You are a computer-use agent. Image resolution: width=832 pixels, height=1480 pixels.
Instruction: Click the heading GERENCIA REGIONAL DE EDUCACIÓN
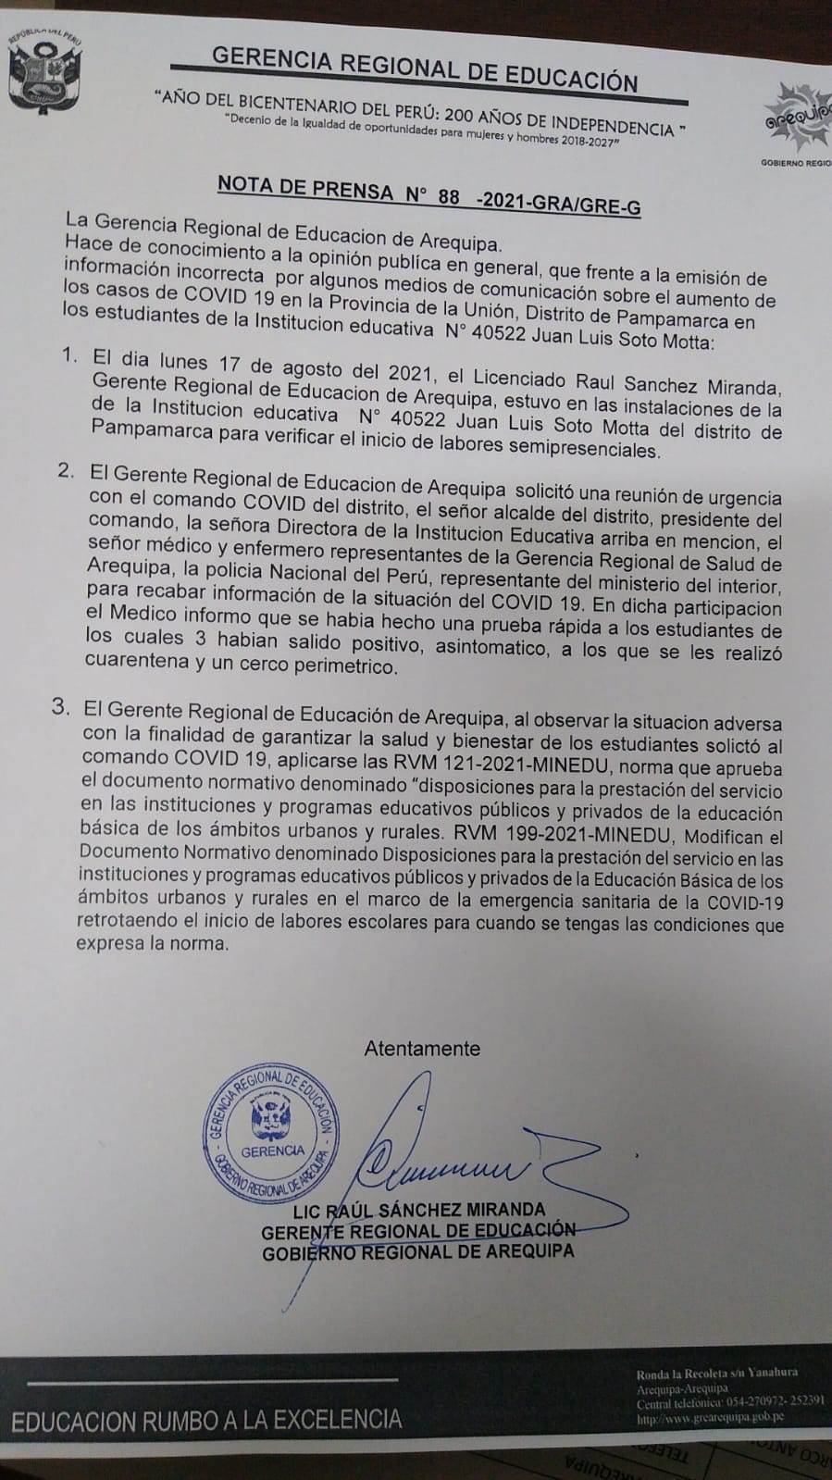[x=425, y=68]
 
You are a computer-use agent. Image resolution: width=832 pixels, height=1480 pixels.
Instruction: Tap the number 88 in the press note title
[x=449, y=197]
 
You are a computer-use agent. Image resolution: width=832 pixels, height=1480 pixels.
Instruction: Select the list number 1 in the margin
[x=69, y=356]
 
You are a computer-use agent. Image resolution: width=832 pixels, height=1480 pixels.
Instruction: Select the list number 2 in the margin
[x=66, y=471]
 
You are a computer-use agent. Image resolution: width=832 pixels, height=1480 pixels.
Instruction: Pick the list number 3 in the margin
[x=61, y=707]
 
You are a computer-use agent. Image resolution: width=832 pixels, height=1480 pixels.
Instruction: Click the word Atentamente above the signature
[x=422, y=1049]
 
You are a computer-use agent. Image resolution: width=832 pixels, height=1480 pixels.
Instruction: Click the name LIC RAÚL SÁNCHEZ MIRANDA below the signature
[x=418, y=1210]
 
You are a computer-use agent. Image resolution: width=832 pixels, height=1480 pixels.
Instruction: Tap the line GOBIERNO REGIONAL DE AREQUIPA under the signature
[x=417, y=1252]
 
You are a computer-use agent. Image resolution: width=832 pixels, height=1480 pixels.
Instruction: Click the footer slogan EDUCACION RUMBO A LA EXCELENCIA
[x=207, y=1420]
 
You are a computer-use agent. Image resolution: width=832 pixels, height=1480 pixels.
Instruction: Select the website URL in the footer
[x=711, y=1417]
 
